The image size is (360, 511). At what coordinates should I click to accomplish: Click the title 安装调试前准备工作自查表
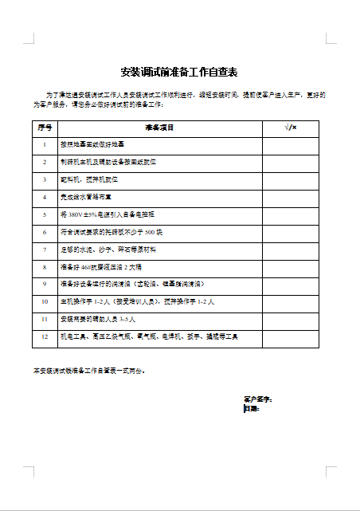pyautogui.click(x=179, y=72)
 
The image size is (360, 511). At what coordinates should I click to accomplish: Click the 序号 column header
pyautogui.click(x=45, y=128)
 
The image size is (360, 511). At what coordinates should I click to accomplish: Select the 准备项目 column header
pyautogui.click(x=159, y=128)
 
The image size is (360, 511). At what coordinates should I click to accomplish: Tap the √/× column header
pyautogui.click(x=291, y=128)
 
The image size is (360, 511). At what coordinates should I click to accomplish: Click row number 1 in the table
pyautogui.click(x=45, y=144)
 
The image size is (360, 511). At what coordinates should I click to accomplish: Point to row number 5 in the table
pyautogui.click(x=45, y=214)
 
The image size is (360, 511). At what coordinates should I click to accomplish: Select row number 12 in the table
pyautogui.click(x=45, y=337)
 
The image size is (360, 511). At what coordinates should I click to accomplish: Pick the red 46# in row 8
pyautogui.click(x=88, y=267)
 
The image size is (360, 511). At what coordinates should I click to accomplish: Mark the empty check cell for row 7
pyautogui.click(x=291, y=250)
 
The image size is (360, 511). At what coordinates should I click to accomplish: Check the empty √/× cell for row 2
pyautogui.click(x=291, y=162)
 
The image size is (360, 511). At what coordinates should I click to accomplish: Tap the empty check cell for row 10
pyautogui.click(x=291, y=302)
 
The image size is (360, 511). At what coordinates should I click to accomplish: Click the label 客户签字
pyautogui.click(x=258, y=398)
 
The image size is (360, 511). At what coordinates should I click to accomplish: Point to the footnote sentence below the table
pyautogui.click(x=89, y=371)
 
